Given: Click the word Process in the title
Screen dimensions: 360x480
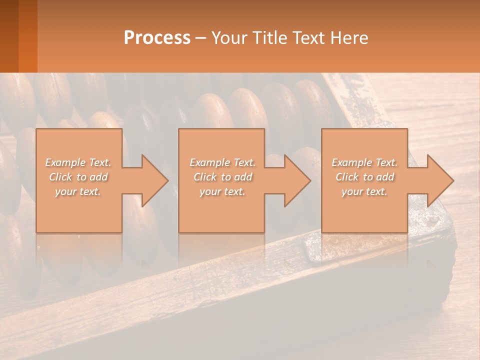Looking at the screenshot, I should [157, 38].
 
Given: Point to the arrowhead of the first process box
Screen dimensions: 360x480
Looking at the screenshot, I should [153, 180].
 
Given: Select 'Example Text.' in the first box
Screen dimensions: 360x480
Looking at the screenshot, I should [78, 162].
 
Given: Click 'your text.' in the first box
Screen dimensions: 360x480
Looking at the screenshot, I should [78, 191].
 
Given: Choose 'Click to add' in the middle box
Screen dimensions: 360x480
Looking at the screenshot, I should [222, 177].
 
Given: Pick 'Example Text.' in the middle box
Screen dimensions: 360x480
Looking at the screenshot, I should [222, 162].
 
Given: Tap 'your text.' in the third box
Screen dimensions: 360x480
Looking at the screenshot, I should [364, 191].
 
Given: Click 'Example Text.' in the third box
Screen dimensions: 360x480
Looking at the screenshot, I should [364, 162].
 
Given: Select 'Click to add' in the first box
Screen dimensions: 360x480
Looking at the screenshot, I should [78, 177].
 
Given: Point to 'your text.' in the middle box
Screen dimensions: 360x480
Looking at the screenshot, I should [222, 191].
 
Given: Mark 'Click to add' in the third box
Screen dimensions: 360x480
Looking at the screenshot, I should [364, 177].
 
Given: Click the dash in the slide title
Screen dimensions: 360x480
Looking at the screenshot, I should [200, 38].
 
